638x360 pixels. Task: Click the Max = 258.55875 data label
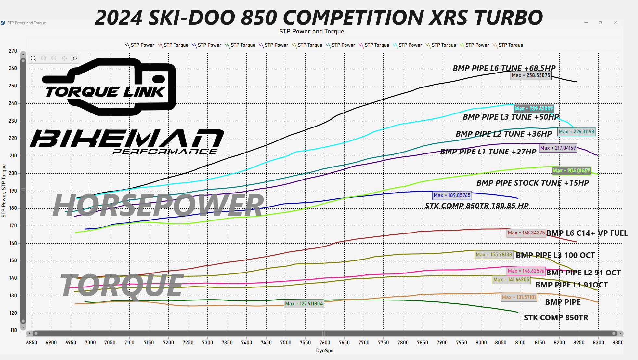coord(531,75)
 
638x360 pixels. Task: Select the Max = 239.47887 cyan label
coord(533,109)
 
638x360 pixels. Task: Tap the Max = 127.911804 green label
coord(304,304)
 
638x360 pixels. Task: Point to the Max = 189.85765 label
coord(452,195)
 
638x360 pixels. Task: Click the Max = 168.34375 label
coord(526,233)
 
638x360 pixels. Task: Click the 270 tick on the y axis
coord(13,51)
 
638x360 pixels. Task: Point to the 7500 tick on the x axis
coord(286,342)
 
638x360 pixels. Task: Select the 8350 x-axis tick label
coord(618,342)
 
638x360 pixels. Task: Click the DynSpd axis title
coord(325,351)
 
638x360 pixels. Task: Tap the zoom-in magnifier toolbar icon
coord(33,58)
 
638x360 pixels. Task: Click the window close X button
coord(615,23)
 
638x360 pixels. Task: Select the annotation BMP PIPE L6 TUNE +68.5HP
coord(504,68)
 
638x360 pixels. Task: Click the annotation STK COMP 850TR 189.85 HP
coord(477,206)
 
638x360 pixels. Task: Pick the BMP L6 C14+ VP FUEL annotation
coord(587,233)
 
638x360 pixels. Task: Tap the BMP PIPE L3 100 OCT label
coord(555,255)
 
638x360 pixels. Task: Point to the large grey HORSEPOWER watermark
coord(158,205)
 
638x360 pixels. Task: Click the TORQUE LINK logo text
coord(105,92)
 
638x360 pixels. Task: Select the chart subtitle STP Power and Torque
coord(311,32)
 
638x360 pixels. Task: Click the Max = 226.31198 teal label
coord(577,132)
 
